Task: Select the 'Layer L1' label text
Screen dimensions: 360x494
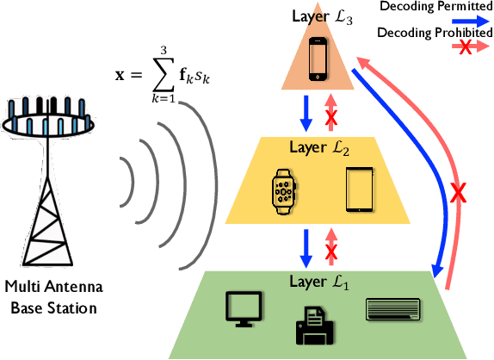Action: [319, 281]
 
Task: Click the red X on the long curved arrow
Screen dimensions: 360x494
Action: [462, 192]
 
